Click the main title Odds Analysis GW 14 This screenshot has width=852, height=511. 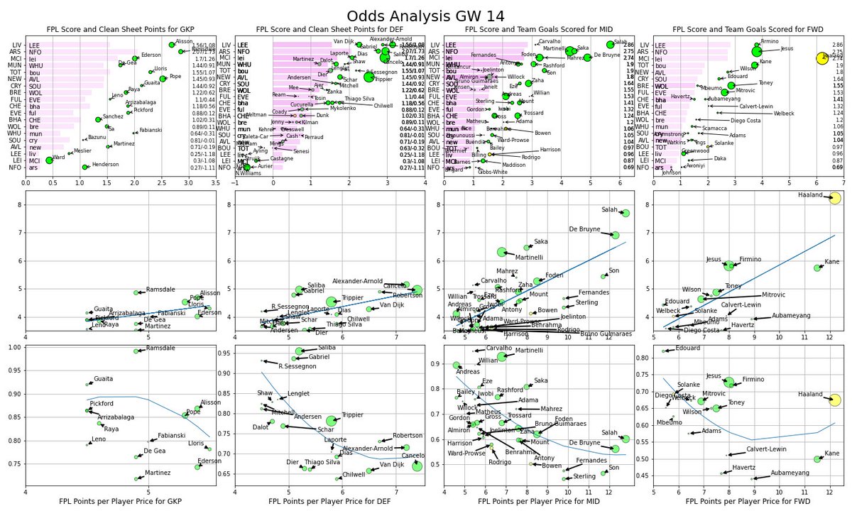(425, 16)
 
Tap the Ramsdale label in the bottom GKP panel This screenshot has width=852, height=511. (160, 348)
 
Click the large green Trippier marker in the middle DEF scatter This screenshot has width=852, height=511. (332, 302)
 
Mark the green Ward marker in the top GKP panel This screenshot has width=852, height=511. (49, 160)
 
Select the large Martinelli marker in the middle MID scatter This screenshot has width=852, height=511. (502, 252)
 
